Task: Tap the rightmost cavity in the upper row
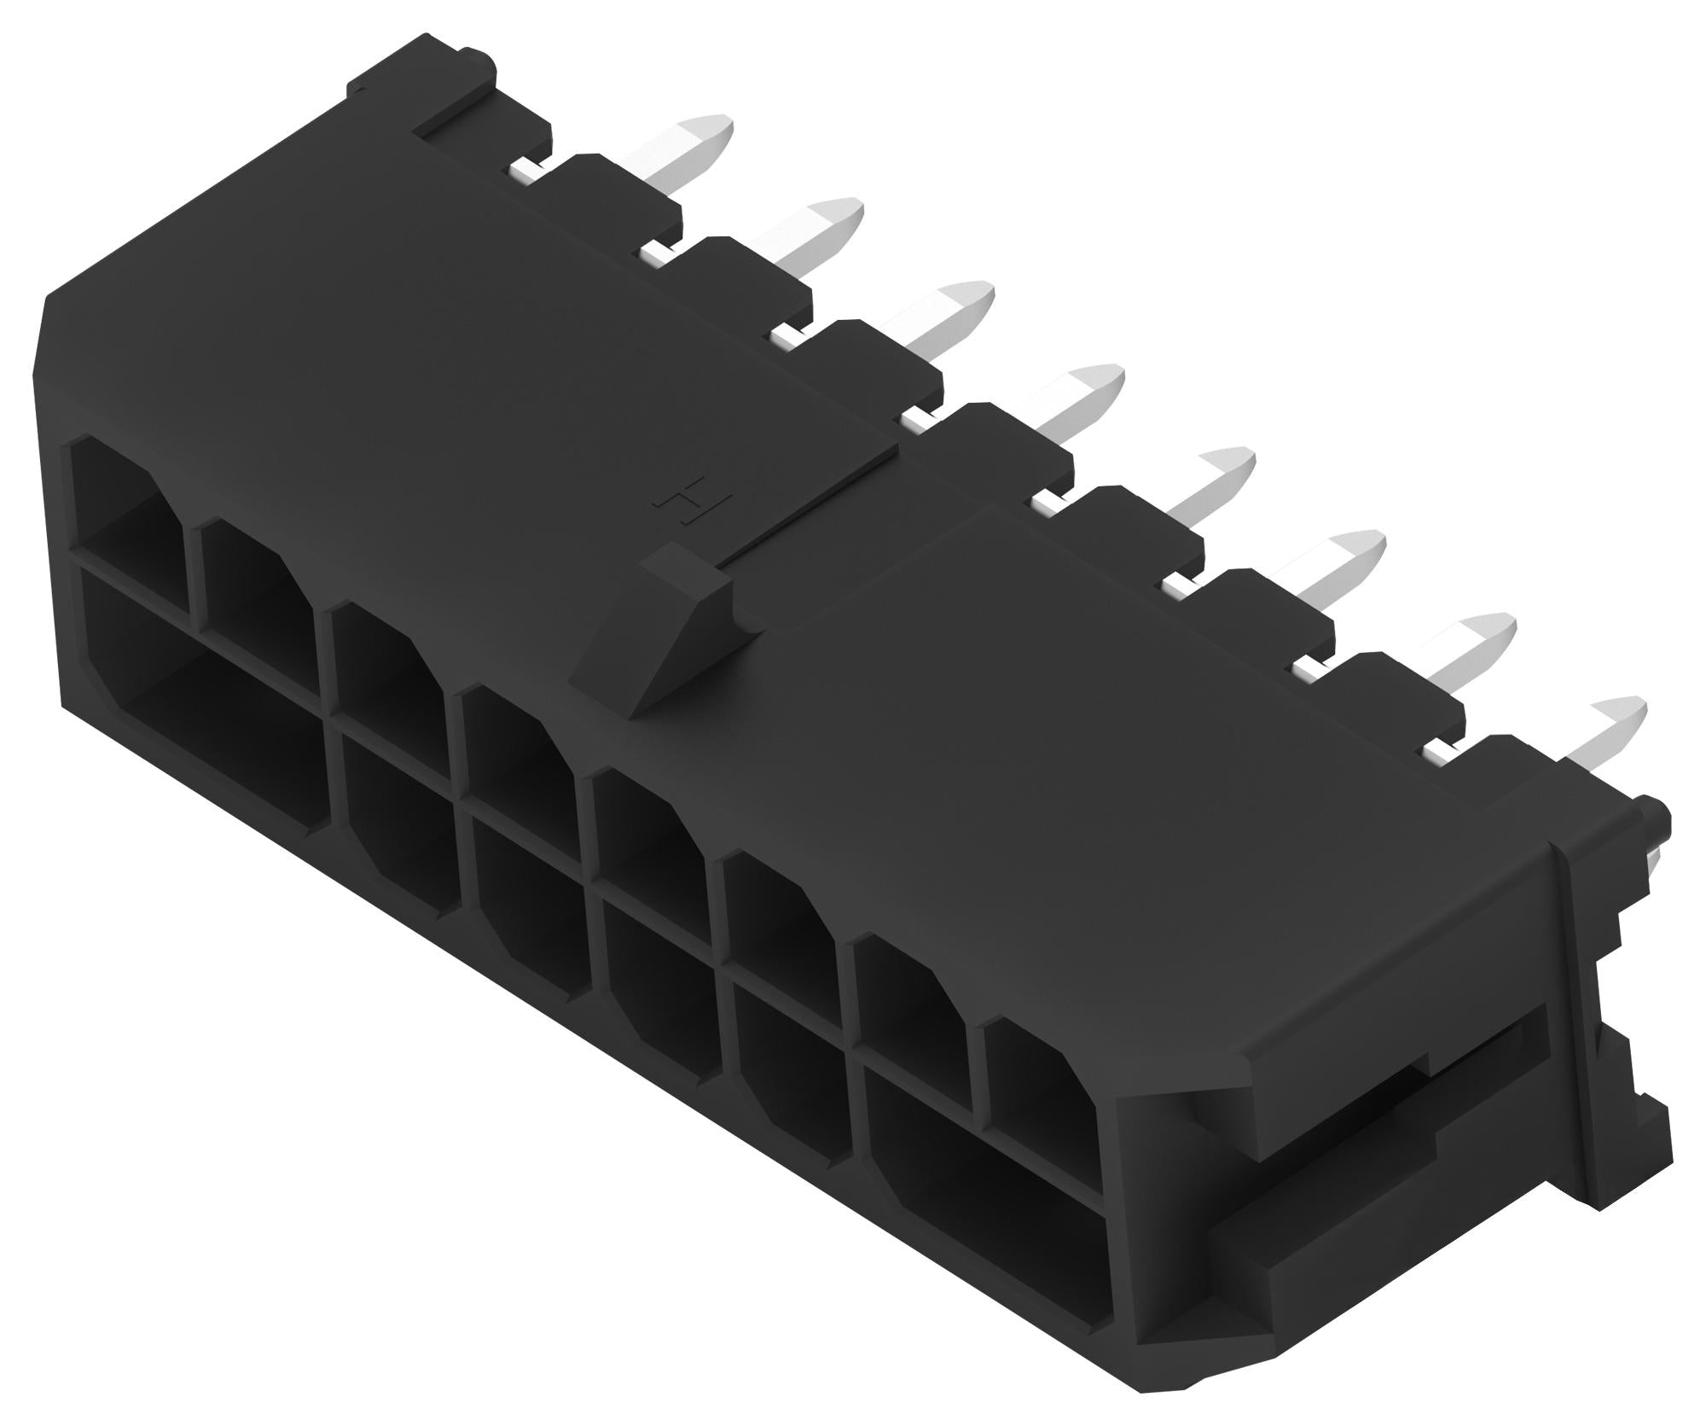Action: coord(1036,1084)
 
